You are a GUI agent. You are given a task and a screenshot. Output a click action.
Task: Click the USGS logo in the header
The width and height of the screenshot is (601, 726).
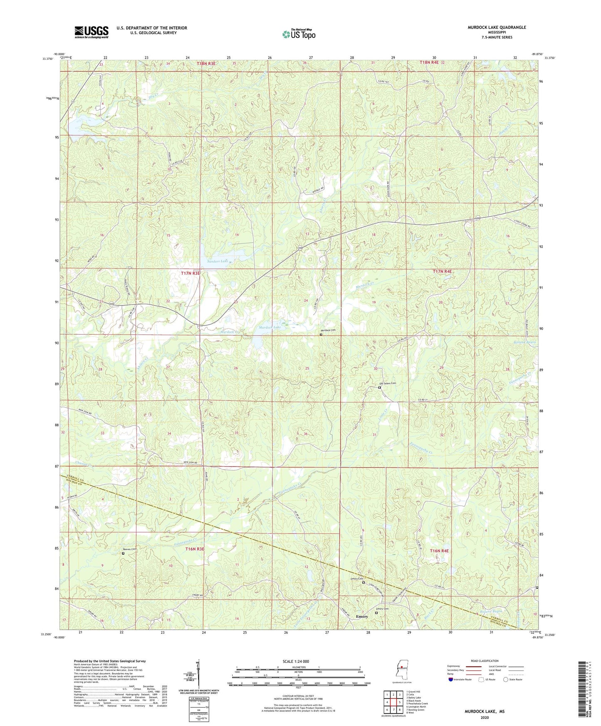pos(91,32)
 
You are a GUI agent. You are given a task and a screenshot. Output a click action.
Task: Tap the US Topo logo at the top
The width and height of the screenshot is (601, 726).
pos(299,34)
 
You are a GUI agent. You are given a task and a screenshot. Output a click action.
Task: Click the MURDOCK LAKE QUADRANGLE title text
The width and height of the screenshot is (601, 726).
pos(491,27)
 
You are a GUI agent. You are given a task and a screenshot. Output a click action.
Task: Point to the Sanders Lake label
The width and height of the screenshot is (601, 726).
pos(218,261)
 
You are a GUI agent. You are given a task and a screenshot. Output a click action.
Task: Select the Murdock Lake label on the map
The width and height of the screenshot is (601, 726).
pos(270,328)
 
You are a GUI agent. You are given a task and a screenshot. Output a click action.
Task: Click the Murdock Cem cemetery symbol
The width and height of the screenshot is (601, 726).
pos(321,334)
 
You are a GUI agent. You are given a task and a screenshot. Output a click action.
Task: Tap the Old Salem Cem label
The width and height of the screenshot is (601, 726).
pos(387,383)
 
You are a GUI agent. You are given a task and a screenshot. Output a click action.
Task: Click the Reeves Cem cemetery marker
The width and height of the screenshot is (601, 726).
pos(123,553)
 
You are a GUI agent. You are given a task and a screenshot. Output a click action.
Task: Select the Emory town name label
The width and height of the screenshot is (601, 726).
pos(362,617)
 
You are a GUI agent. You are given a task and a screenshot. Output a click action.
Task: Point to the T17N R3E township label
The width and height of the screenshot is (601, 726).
pos(190,273)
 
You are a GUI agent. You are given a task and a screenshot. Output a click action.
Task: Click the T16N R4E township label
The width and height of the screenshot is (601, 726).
pos(439,551)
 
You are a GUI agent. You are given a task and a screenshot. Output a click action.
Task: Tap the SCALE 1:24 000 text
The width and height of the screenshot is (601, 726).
pos(296,662)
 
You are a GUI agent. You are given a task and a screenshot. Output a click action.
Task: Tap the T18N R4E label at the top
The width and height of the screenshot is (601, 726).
pos(429,62)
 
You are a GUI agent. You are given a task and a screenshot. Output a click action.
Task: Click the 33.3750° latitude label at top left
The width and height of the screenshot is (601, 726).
pos(48,59)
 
